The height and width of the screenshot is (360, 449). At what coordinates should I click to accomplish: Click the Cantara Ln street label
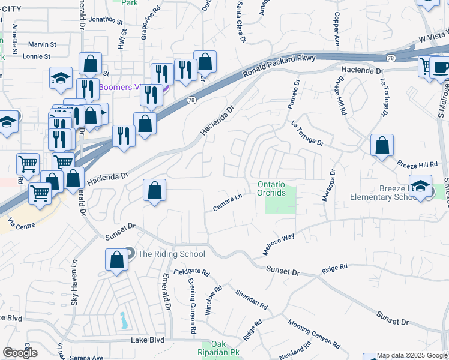[228, 202]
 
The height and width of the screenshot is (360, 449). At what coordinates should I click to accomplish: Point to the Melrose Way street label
[279, 244]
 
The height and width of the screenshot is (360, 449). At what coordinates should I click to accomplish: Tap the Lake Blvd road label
[148, 340]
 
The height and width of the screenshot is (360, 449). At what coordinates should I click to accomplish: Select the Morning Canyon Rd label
[313, 332]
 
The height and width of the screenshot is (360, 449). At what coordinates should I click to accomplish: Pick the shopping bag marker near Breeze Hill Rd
[382, 146]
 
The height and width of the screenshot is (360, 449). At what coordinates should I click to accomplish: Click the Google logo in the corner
[20, 353]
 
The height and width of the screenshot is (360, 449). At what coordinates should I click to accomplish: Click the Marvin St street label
[43, 44]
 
